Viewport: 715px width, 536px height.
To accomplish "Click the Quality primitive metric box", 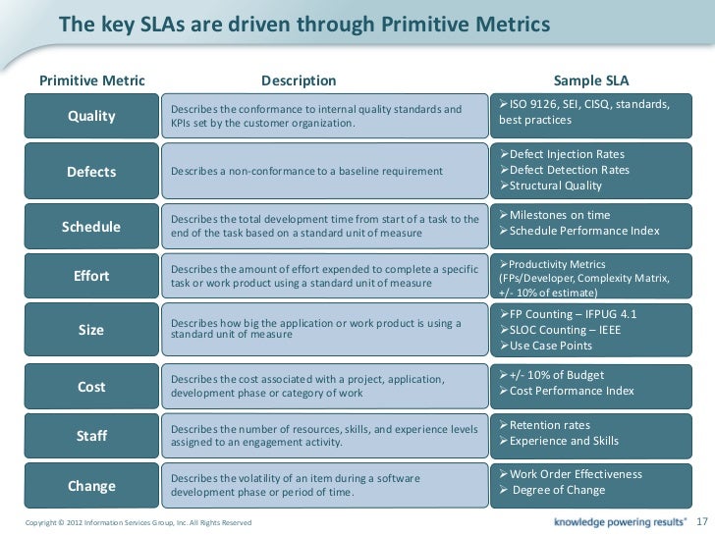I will coord(91,118).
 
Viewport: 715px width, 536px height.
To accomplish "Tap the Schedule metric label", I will coord(91,227).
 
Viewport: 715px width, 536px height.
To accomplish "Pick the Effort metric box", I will coord(91,276).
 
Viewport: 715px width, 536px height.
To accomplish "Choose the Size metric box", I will coord(91,331).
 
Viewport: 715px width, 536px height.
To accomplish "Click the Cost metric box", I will coord(91,386).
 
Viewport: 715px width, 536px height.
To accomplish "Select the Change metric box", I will coord(91,486).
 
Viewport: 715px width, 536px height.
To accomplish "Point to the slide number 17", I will coord(700,518).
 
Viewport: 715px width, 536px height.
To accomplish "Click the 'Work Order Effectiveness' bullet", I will coord(575,474).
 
